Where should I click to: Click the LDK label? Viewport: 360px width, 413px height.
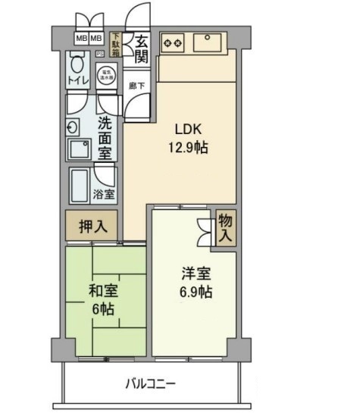[188, 128]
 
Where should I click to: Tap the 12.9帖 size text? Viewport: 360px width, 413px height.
[188, 148]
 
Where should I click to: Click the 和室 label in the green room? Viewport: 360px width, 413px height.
[101, 290]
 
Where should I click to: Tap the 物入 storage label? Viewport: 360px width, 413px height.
[225, 229]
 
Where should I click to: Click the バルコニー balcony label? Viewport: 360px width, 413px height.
[150, 383]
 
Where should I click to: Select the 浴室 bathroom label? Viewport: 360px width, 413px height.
[104, 195]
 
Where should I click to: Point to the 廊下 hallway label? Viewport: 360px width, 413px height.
[137, 86]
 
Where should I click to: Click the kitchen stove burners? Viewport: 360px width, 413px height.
[172, 42]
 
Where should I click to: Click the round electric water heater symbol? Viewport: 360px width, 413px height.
[105, 77]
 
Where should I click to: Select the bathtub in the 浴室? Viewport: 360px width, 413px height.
[81, 185]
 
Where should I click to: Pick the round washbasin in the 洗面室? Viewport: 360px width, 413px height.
[73, 127]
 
